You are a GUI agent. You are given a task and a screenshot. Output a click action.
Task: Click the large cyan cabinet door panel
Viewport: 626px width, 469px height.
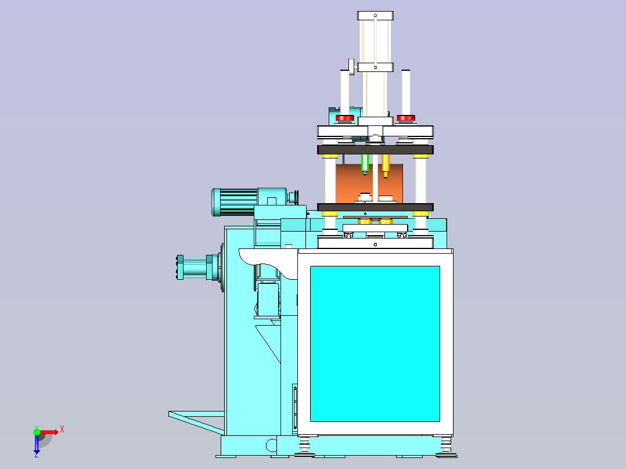(x=375, y=344)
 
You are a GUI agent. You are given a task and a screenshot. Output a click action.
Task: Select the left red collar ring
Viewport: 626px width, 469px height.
(x=344, y=118)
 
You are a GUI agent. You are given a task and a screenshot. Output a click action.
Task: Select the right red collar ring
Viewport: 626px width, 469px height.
(x=405, y=118)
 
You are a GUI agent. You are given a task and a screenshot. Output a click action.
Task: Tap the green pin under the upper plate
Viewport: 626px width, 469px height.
(x=365, y=164)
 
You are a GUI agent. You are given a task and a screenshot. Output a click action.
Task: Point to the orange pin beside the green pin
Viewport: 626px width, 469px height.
(x=385, y=165)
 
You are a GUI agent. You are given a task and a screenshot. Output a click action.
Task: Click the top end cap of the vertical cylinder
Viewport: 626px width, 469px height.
(x=375, y=16)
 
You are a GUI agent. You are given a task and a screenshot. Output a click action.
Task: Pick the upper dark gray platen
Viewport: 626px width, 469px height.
(x=375, y=150)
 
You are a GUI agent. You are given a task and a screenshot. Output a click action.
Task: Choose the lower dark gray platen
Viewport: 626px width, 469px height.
(x=375, y=207)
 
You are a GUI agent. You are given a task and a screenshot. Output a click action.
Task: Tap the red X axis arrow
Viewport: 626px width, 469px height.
(x=49, y=432)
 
